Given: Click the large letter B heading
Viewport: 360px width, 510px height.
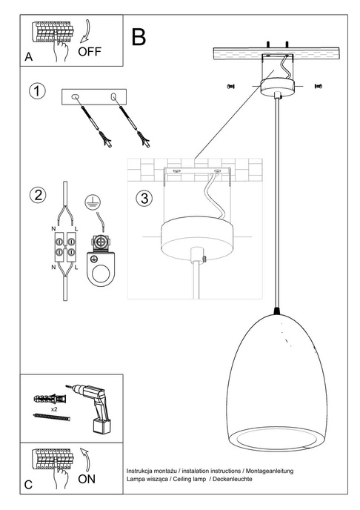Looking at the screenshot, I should [x=139, y=36].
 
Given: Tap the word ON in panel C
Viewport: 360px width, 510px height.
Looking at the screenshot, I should [x=87, y=479].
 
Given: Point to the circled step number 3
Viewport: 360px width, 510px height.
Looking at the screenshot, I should [x=144, y=198].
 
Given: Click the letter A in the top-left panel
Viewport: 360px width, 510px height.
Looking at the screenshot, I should [x=28, y=57].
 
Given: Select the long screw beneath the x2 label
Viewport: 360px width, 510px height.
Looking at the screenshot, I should [x=51, y=419].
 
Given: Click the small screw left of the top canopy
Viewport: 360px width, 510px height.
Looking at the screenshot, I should [x=230, y=87].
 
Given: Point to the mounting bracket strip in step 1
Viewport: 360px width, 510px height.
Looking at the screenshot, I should [x=94, y=96].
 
